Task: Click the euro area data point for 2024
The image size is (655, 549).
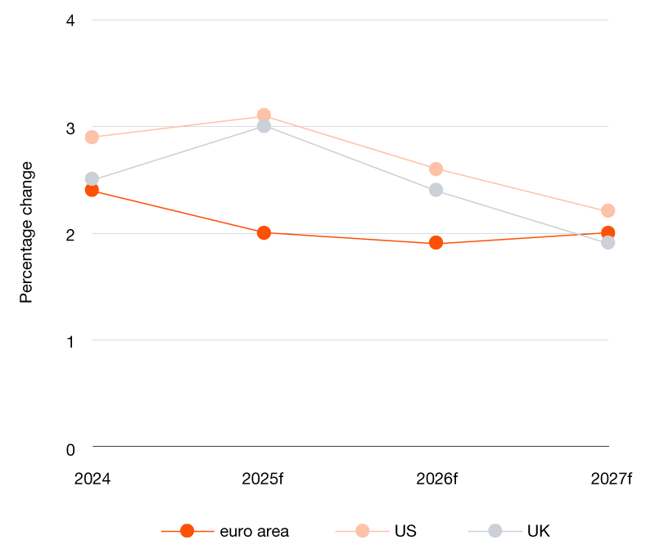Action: pos(92,190)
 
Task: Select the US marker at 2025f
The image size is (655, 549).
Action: pos(264,115)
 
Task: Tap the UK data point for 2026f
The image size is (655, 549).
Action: pos(436,190)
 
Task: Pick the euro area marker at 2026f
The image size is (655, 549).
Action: pos(436,243)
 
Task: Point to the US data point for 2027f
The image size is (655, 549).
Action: pos(608,211)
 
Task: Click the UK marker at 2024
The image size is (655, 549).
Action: pos(92,179)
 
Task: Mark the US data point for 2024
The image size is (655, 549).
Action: pos(92,137)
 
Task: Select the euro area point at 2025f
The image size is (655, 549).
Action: pos(264,232)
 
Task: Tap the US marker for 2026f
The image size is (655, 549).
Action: pos(436,169)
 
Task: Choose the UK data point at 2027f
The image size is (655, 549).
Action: pos(608,243)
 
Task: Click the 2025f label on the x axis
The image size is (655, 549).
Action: pos(263,479)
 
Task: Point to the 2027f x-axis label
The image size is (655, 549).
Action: pos(612,479)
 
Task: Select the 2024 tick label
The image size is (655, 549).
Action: pos(92,479)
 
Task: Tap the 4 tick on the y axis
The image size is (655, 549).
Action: pos(70,20)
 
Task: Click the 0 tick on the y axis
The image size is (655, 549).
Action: pos(70,448)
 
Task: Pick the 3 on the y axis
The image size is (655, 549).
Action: pos(70,128)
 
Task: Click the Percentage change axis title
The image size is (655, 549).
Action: pos(26,232)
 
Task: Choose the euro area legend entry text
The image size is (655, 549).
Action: pos(254,531)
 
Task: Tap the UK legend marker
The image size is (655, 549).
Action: pos(495,530)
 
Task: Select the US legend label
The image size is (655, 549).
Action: pos(405,531)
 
